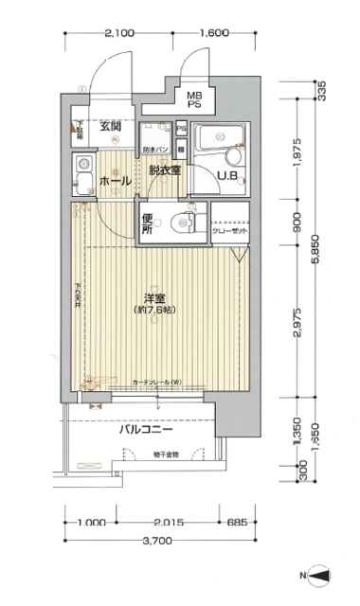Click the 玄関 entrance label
click(109, 127)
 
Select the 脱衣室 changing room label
click(165, 170)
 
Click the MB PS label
click(193, 99)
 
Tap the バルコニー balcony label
click(145, 429)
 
